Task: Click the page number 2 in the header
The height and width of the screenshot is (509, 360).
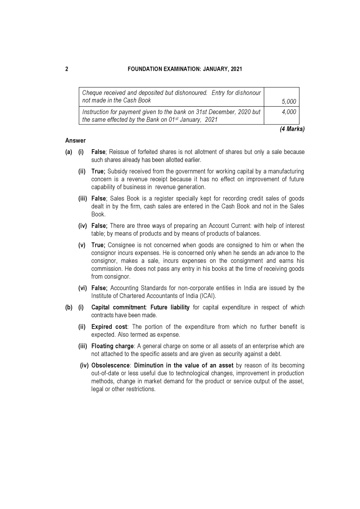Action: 67,69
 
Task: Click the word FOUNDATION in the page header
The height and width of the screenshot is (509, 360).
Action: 145,69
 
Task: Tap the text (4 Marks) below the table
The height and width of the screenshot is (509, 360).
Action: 292,129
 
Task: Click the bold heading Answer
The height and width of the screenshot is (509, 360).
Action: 75,140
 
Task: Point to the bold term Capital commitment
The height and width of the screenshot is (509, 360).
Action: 118,307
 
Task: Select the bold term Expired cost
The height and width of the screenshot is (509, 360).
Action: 109,327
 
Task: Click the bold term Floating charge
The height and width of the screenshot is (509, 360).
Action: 112,346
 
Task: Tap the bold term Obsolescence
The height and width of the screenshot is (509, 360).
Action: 110,365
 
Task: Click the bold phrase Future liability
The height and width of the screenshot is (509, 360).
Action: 170,307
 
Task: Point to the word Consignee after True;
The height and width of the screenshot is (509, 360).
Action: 120,245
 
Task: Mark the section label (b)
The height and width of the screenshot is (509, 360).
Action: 69,307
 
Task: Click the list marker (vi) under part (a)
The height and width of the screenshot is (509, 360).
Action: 83,288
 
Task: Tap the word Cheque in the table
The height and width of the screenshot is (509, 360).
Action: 91,93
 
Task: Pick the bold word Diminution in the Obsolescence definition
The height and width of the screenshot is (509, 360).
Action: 149,365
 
